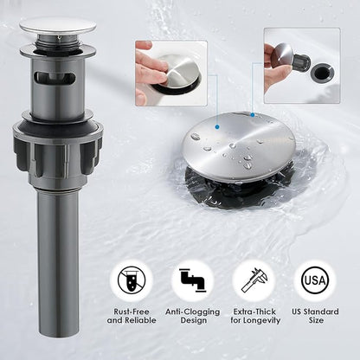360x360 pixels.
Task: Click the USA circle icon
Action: (315, 280)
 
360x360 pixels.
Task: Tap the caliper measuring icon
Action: (254, 280)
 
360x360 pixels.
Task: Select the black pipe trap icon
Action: (192, 280)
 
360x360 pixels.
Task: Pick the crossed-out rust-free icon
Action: (132, 280)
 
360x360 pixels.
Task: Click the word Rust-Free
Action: (132, 312)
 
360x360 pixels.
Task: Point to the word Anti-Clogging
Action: (192, 312)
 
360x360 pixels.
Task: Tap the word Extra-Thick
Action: (254, 312)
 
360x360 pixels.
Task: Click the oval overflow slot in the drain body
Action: (55, 77)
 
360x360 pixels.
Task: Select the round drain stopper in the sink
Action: (239, 146)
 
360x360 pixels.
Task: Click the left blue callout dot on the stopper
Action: (217, 126)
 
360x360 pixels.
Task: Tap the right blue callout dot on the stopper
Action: (253, 115)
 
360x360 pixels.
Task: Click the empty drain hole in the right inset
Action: (322, 72)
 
